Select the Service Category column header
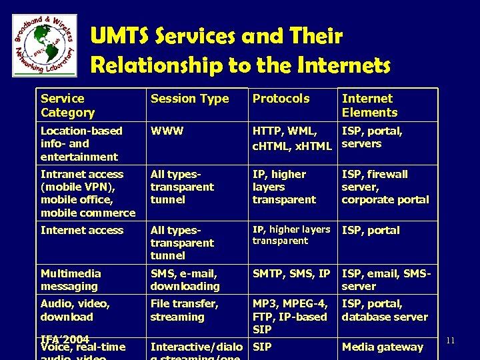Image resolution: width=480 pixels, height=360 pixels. click(68, 105)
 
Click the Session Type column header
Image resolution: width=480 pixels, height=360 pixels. click(189, 99)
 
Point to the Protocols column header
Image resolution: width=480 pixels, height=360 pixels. click(281, 99)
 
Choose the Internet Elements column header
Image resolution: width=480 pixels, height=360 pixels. click(369, 105)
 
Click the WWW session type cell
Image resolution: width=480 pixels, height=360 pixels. click(165, 131)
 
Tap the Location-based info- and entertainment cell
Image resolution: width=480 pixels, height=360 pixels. click(81, 143)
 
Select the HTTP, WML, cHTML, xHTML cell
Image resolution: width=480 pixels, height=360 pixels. click(291, 137)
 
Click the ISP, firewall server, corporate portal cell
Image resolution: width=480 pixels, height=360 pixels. click(385, 187)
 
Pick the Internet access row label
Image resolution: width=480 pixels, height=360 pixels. click(82, 230)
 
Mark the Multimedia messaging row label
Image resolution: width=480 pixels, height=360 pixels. click(71, 279)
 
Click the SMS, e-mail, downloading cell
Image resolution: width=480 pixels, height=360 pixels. click(185, 279)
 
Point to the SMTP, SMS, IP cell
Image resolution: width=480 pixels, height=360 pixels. click(291, 273)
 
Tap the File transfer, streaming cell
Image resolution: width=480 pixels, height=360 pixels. click(184, 310)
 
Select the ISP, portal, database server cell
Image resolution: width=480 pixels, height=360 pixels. click(384, 310)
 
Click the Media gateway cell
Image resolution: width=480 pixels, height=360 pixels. click(382, 347)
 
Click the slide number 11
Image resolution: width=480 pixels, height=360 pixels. click(451, 341)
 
